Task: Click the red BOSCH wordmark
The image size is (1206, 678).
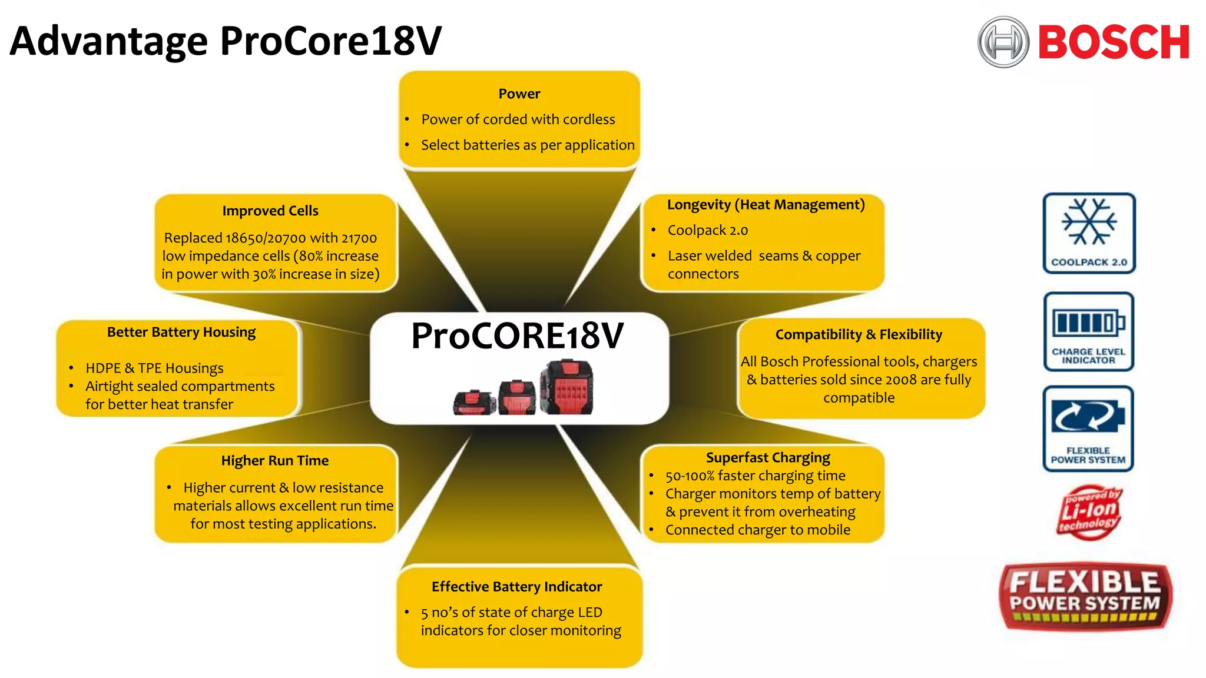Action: pos(1113,42)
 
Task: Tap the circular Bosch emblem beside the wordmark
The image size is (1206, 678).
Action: pos(1003,42)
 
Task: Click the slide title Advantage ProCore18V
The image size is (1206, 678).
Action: pos(226,41)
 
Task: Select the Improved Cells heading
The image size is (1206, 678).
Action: pos(270,211)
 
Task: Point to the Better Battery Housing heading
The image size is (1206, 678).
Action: pos(181,332)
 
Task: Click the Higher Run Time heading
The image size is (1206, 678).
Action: pos(275,460)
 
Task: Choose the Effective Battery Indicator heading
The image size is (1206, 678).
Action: pos(516,586)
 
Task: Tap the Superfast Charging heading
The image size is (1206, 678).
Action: pos(768,457)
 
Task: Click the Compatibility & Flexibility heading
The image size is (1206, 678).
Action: pos(859,334)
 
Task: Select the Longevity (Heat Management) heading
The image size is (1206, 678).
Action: pos(766,204)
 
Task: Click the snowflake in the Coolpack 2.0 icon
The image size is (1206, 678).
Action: pos(1089,222)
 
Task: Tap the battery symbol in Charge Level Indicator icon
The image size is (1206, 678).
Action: pos(1088,323)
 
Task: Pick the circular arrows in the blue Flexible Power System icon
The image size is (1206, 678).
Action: pos(1088,416)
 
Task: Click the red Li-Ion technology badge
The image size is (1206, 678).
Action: pos(1089,511)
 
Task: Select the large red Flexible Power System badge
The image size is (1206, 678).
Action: pos(1085,596)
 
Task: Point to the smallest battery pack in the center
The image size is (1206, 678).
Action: pos(473,403)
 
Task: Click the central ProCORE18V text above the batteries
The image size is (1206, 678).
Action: pos(517,336)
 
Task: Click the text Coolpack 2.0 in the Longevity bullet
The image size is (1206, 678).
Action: pos(707,230)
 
